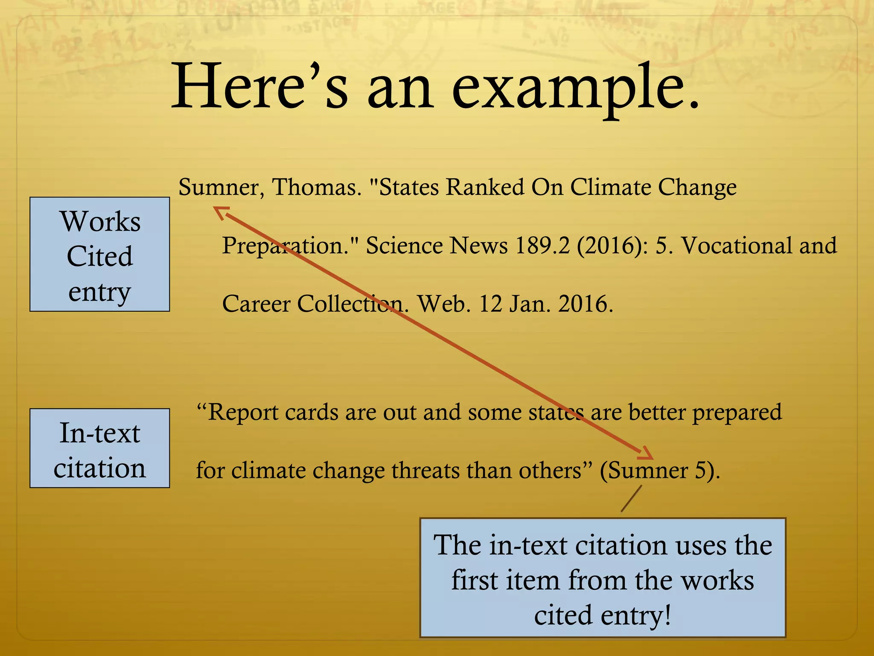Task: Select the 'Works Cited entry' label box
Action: click(x=99, y=255)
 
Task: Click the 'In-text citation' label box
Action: click(x=99, y=448)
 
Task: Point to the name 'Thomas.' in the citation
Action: click(x=317, y=187)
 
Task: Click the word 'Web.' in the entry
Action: click(x=444, y=304)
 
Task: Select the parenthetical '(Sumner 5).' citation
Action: click(x=659, y=471)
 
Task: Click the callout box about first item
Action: click(x=603, y=578)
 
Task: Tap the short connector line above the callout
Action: click(x=631, y=498)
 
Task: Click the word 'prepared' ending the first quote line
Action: click(x=737, y=413)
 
